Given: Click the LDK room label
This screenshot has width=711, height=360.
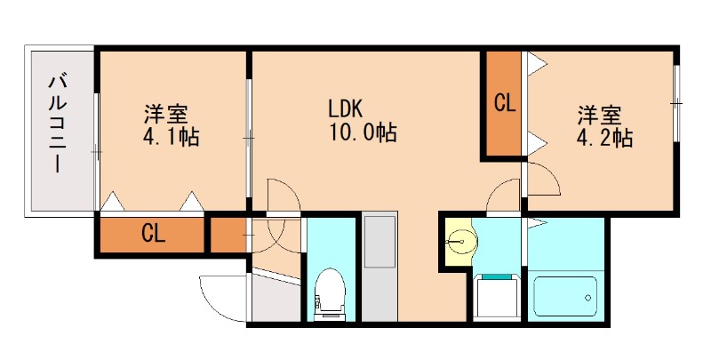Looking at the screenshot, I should pyautogui.click(x=344, y=108).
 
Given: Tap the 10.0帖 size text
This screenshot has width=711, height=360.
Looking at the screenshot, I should pyautogui.click(x=360, y=134).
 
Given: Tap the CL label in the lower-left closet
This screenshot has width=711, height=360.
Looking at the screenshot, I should pyautogui.click(x=153, y=235).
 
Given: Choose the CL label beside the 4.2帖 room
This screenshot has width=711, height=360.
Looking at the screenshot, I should pyautogui.click(x=504, y=103).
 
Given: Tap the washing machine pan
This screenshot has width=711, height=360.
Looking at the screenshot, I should pyautogui.click(x=497, y=294).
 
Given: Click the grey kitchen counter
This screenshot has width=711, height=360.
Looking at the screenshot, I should pyautogui.click(x=379, y=267).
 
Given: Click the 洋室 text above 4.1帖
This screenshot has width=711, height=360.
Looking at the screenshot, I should pyautogui.click(x=165, y=115).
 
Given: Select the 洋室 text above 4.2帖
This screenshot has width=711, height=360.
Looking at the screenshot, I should pyautogui.click(x=600, y=116).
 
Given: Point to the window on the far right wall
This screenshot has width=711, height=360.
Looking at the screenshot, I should pyautogui.click(x=676, y=103).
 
